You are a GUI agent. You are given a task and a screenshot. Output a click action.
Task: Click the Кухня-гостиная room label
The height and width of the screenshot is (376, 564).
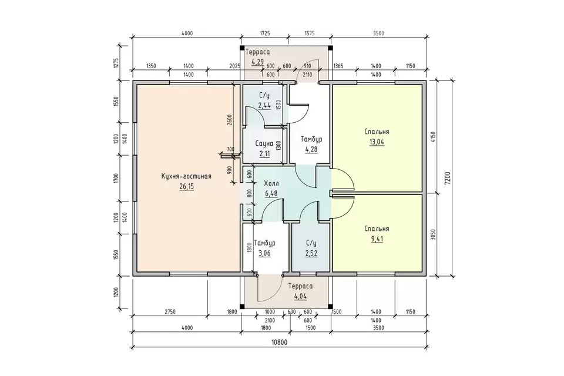(x=186, y=176)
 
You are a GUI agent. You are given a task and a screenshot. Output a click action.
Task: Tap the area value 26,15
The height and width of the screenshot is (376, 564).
(x=186, y=186)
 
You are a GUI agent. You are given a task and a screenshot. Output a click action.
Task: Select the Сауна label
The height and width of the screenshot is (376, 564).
(x=264, y=143)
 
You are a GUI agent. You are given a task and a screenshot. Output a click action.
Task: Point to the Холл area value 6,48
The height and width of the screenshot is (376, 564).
(x=271, y=193)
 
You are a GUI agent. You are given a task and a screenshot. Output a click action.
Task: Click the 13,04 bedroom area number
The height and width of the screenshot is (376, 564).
(x=377, y=142)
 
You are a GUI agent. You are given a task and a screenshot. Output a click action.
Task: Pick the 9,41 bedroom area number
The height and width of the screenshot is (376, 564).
(x=377, y=239)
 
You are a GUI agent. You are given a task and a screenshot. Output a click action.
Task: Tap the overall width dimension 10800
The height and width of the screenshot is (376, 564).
(x=279, y=342)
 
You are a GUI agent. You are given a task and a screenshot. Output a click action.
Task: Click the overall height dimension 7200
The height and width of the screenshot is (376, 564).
(x=447, y=178)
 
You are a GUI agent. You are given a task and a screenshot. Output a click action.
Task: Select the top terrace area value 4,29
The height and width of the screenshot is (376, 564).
(x=257, y=62)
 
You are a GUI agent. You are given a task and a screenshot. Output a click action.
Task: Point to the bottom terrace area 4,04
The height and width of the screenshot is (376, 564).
(x=300, y=297)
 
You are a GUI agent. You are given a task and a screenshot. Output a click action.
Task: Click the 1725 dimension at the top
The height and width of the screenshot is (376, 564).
(x=264, y=33)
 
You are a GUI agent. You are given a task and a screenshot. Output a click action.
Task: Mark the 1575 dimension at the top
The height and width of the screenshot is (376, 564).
(x=310, y=33)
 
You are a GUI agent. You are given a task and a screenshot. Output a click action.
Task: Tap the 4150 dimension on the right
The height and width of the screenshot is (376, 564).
(x=433, y=137)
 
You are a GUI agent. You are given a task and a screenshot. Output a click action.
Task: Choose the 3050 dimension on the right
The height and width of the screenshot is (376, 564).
(x=433, y=236)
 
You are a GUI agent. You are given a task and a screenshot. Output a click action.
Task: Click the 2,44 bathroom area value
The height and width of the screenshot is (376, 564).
(x=264, y=105)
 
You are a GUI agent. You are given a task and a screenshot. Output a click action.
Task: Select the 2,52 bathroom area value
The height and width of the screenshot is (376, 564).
(x=311, y=253)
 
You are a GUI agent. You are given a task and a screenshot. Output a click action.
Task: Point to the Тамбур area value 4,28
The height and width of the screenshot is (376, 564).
(x=311, y=149)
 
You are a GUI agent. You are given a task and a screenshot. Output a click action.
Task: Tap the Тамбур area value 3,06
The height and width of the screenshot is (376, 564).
(x=264, y=253)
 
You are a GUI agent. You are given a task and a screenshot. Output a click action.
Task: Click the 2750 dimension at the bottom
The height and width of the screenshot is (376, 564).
(x=170, y=311)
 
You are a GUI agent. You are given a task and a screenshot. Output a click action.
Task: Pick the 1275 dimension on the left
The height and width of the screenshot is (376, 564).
(x=116, y=63)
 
